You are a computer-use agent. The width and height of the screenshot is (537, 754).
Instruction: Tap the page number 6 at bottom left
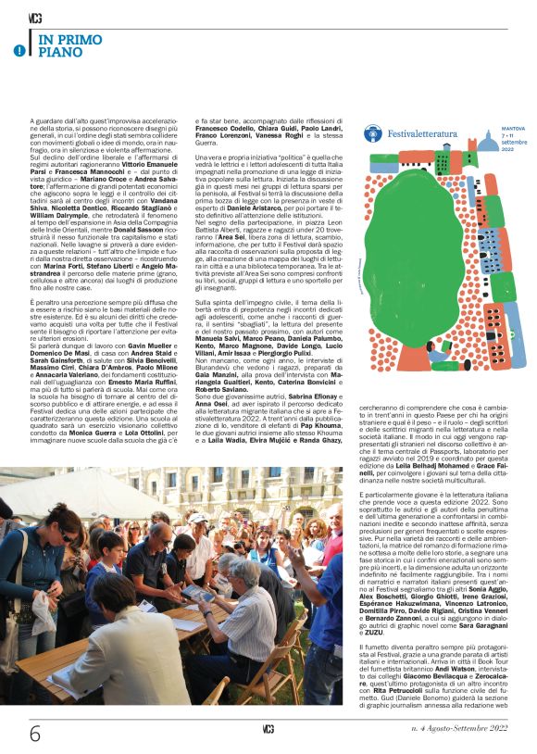point(35,733)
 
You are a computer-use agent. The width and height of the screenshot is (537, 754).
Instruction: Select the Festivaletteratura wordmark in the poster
point(423,133)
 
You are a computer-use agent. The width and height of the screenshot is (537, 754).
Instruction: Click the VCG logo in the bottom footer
point(268,731)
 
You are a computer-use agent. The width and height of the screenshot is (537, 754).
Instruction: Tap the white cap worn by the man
point(197,519)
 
